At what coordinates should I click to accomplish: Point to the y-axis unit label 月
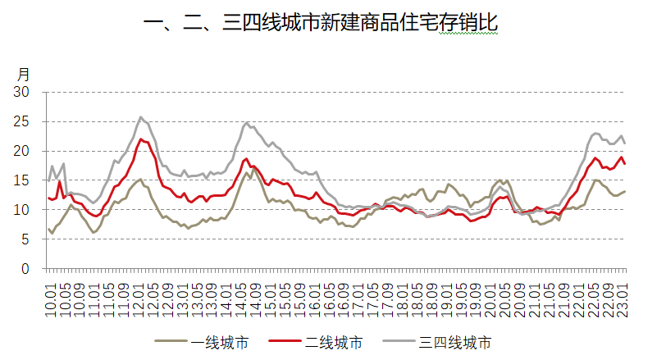coord(24,75)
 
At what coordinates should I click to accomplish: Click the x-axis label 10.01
coord(51,293)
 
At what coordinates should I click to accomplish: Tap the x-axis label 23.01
coord(625,293)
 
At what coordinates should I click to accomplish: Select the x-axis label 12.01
coord(139,293)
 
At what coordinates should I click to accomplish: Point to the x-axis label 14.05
coord(243,293)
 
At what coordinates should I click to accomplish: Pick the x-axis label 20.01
coord(492,293)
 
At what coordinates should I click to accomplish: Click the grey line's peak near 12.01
coord(141,117)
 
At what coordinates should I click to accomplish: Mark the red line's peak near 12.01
coord(142,139)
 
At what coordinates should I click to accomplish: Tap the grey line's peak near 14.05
coord(247,123)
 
